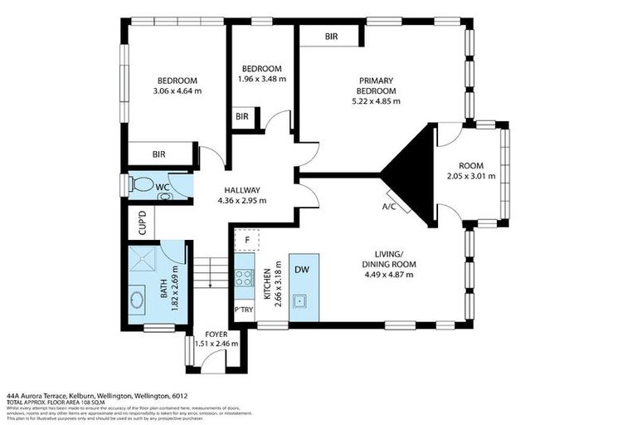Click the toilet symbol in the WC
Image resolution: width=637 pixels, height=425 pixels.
[143, 184]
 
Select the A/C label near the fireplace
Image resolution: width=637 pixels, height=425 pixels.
[388, 206]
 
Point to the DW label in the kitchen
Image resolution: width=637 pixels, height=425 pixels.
[303, 269]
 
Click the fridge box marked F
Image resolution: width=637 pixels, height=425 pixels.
[246, 240]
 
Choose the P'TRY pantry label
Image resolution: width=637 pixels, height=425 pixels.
[244, 309]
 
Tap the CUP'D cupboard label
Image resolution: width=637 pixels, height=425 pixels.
[141, 222]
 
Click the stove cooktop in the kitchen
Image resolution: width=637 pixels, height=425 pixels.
[244, 277]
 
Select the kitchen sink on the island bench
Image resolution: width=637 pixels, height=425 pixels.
[303, 300]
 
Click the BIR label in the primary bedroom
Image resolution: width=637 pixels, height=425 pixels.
[331, 37]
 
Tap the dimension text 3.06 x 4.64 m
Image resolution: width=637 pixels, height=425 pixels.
[179, 90]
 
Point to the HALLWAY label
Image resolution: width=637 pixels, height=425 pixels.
[241, 189]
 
